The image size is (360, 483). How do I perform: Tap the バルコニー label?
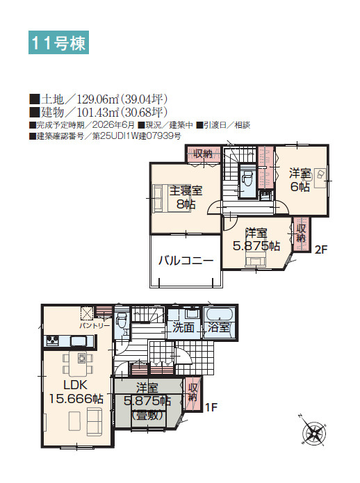185,261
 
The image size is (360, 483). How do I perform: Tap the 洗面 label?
183,327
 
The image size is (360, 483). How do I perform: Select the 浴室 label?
220,327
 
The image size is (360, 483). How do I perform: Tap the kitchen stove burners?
54,341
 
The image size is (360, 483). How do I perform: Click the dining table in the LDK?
82,360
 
